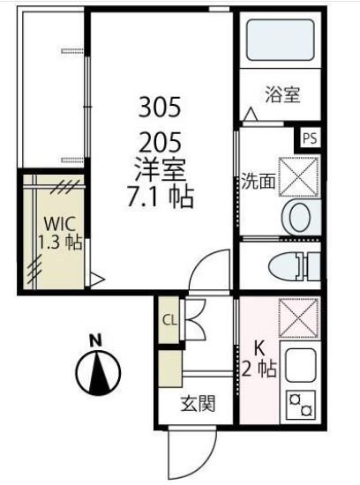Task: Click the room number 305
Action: (x=160, y=108)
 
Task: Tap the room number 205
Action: (x=160, y=140)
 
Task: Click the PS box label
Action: (x=309, y=138)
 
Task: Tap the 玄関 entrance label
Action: (x=198, y=405)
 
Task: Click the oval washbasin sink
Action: (x=298, y=215)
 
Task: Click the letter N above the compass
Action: (x=99, y=339)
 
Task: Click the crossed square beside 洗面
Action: (x=298, y=173)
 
